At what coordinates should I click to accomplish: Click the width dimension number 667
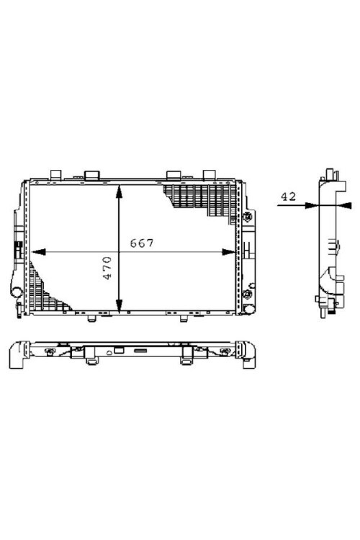click(x=141, y=243)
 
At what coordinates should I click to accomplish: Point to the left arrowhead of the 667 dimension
click(x=35, y=252)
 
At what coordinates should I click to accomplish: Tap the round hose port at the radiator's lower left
click(x=16, y=292)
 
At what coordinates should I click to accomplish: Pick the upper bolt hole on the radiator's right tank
click(x=248, y=217)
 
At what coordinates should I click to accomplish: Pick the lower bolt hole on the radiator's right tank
click(x=248, y=294)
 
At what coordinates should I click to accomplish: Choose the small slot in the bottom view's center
click(x=140, y=351)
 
